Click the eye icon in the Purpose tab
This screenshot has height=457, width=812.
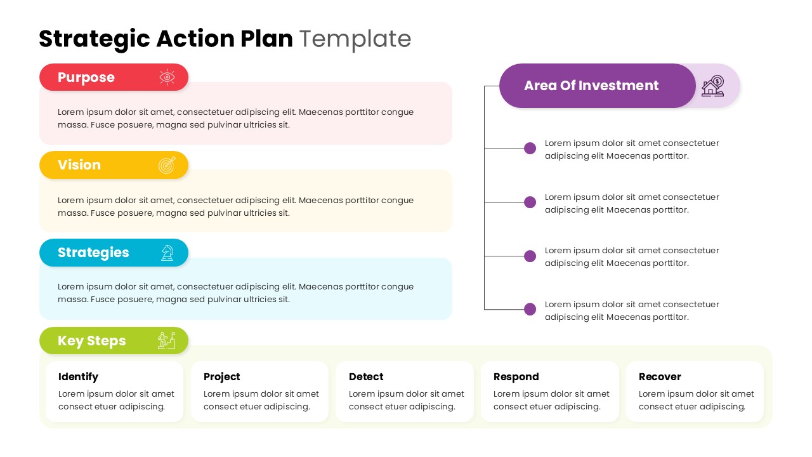167,77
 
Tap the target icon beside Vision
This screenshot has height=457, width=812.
167,165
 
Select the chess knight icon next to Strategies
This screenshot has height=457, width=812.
167,253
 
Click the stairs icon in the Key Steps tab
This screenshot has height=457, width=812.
167,340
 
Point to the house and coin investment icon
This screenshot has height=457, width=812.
713,86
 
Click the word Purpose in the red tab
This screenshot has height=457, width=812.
86,77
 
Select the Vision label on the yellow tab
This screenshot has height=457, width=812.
79,165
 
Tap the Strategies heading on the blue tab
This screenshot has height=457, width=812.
93,253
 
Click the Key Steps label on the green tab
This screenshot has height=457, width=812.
92,341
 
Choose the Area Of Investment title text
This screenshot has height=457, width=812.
591,86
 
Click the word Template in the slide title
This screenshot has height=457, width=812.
355,39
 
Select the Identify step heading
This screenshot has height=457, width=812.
78,377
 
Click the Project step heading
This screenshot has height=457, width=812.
222,377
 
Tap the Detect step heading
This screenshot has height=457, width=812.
366,377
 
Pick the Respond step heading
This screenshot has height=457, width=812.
516,377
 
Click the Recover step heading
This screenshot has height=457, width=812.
660,377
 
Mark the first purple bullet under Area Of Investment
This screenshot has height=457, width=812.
530,149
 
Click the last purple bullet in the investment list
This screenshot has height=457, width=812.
530,309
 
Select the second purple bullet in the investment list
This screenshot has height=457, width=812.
530,202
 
